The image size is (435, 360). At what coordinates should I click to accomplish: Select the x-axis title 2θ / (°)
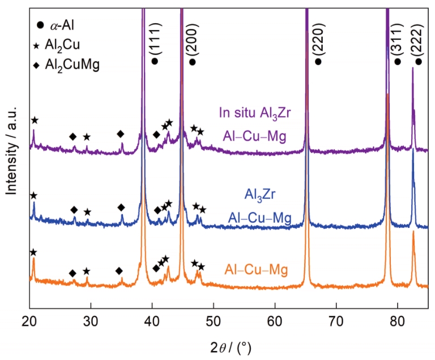pos(228,346)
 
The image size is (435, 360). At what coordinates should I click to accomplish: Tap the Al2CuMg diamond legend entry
pos(66,64)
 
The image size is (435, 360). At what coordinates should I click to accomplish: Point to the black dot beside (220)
pos(318,61)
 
